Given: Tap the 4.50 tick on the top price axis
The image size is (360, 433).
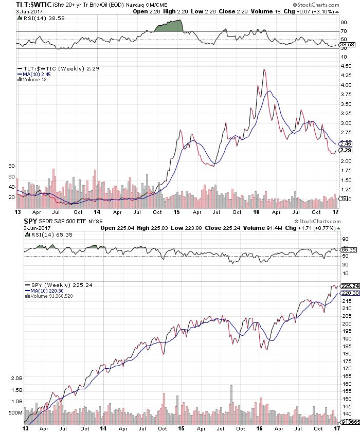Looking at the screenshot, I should (346, 66).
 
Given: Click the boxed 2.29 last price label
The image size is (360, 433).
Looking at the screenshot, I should (346, 150).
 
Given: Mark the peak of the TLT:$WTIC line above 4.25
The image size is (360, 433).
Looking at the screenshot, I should (264, 69).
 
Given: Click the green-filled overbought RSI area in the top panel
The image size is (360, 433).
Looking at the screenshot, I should (172, 26).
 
